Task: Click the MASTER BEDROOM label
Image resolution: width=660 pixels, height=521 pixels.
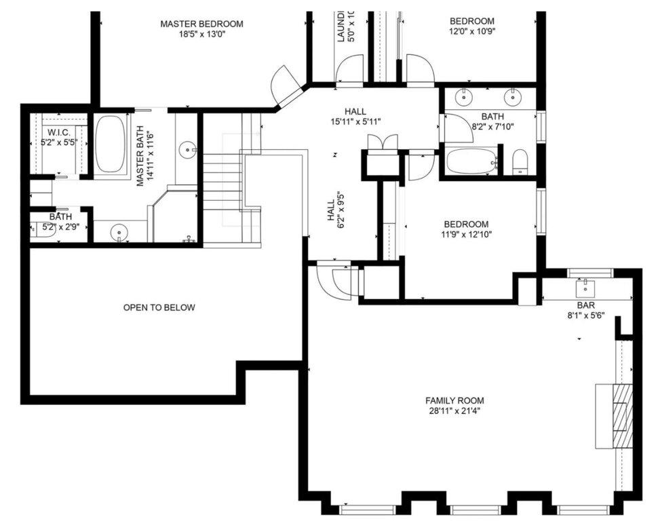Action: coord(201,24)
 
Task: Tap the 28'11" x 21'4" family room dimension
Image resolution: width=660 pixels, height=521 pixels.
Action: coord(454,410)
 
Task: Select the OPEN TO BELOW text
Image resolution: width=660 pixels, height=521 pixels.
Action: coord(159,307)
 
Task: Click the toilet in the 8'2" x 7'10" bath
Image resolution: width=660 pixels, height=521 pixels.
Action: coord(520,161)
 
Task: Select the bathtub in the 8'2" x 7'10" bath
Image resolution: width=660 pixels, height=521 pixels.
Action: coord(471,161)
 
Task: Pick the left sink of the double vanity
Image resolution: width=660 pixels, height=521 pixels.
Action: coord(465,97)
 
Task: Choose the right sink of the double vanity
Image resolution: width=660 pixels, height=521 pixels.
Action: coord(513,97)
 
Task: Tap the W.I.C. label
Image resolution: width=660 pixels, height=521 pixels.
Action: coord(58,132)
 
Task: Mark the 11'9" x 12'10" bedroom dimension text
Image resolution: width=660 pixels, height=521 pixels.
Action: coord(466,235)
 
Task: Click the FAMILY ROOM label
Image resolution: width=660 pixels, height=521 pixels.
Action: coord(454,400)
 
